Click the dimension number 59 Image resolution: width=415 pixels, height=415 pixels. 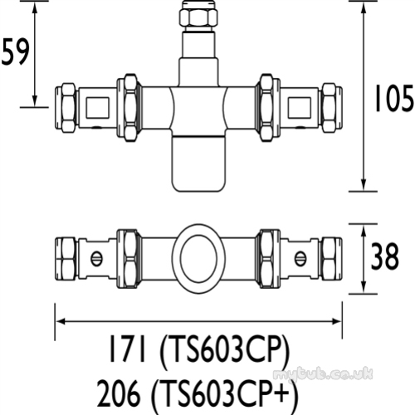15,51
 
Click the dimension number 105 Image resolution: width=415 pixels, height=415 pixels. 394,98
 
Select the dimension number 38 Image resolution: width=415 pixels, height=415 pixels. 384,256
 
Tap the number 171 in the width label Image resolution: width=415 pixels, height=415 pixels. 128,349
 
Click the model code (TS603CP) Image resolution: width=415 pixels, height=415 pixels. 225,350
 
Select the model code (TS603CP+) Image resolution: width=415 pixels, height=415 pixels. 226,394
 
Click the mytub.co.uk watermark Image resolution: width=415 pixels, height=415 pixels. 323,374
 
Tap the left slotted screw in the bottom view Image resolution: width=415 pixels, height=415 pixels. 96,259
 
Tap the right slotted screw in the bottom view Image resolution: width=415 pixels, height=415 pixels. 300,259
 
